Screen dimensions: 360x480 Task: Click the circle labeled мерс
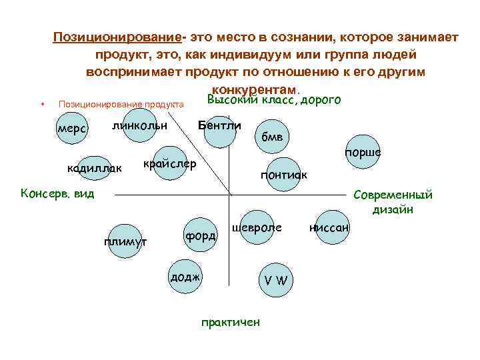(x=71, y=128)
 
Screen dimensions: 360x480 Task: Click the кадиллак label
(x=95, y=168)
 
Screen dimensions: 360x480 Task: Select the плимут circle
(x=125, y=241)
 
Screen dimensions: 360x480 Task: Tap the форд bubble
(x=200, y=236)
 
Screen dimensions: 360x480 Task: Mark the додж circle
(x=185, y=275)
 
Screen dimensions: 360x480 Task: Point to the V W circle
(x=275, y=279)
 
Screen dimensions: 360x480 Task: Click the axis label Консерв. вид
(x=58, y=194)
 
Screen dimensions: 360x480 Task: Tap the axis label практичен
(x=231, y=323)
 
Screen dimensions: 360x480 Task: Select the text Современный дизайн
(x=393, y=202)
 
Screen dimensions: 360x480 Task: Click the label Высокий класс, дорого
(x=274, y=100)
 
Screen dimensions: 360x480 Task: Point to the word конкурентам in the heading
(x=254, y=88)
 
